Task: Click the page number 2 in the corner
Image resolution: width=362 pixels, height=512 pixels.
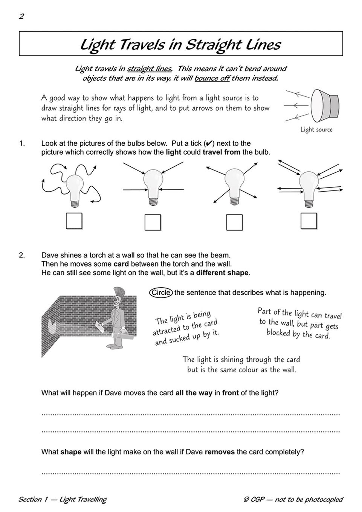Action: point(21,16)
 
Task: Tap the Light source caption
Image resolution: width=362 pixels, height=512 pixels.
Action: point(316,130)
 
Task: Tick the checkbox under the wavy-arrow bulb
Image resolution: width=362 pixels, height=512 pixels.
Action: point(74,221)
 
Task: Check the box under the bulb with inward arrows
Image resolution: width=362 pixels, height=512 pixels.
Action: point(153,222)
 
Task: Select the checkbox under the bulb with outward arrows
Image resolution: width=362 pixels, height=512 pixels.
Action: point(234,222)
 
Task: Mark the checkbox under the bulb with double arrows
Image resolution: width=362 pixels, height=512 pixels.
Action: point(309,221)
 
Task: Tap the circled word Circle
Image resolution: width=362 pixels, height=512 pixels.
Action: point(161,293)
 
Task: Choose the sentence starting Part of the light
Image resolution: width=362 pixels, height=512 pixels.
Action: point(299,323)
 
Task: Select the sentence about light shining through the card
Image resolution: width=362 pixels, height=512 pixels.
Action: point(241,364)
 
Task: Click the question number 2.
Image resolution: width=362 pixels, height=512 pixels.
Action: point(22,255)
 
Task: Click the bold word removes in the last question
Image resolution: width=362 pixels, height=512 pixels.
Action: point(220,452)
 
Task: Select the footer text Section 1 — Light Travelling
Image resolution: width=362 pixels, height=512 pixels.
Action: point(62,500)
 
